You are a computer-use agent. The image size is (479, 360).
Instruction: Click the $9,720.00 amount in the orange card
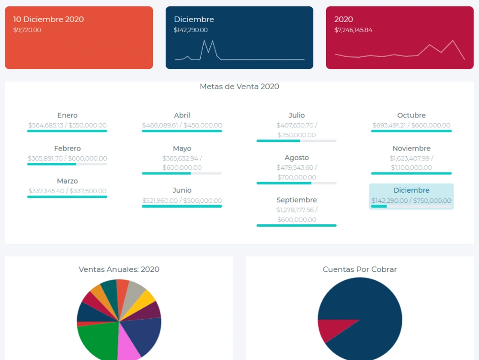point(27,30)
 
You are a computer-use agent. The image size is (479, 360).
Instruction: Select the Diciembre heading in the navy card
point(194,19)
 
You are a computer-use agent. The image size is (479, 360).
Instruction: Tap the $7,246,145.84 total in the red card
point(353,30)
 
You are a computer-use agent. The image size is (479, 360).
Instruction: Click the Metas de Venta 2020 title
point(239,86)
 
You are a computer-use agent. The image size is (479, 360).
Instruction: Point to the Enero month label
point(67,115)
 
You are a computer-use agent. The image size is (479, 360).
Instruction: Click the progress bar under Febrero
point(67,164)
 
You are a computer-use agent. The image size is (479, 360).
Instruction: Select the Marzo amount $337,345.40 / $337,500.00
point(67,191)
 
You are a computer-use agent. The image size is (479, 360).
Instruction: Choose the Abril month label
point(182,115)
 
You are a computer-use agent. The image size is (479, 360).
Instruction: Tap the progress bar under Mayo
point(182,174)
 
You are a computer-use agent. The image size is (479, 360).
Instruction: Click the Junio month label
point(182,190)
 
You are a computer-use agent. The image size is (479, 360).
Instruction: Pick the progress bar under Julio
point(297,141)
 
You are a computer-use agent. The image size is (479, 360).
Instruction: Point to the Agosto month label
point(297,158)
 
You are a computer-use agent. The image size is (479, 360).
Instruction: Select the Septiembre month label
point(297,200)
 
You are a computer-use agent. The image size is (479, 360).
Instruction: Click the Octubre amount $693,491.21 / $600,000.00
point(411,125)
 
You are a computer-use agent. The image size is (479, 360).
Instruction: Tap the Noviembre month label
point(411,148)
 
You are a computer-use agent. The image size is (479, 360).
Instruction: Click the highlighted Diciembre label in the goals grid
point(411,190)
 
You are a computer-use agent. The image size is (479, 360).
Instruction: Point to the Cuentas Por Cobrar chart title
point(360,269)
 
